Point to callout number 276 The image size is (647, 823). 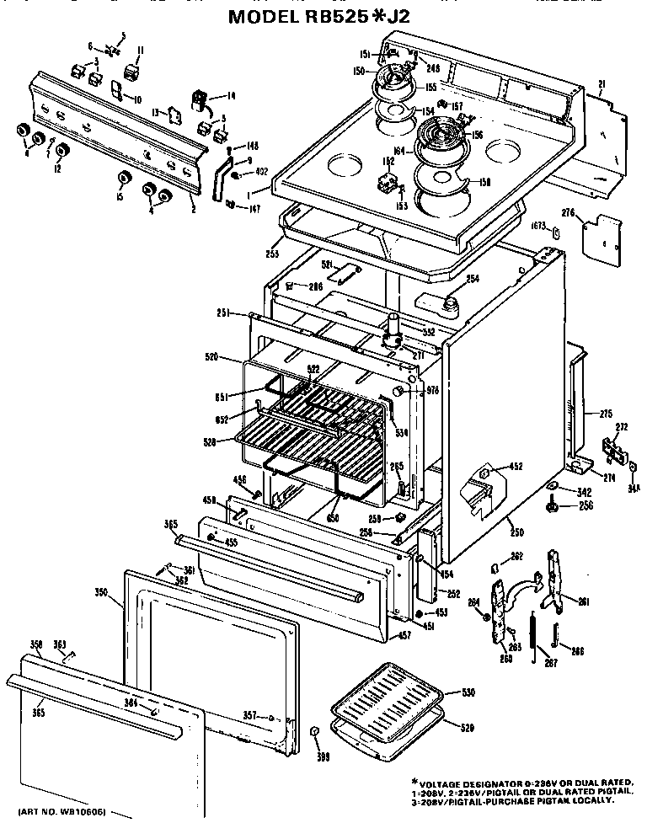click(x=568, y=216)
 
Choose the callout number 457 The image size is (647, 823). click(x=404, y=635)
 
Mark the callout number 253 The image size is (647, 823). click(x=271, y=252)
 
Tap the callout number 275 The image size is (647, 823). click(x=605, y=413)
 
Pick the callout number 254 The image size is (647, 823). click(x=472, y=279)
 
